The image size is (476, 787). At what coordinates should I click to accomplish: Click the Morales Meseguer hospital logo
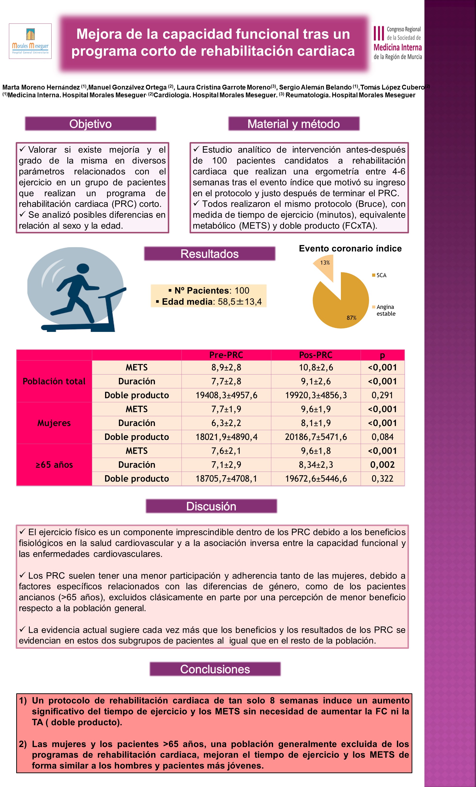tap(30, 41)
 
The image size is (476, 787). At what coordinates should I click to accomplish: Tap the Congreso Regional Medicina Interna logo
tap(397, 43)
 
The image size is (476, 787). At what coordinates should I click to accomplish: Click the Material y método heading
tap(294, 124)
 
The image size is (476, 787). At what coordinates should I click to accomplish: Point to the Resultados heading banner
tap(210, 254)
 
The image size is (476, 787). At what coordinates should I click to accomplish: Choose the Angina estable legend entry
tap(385, 310)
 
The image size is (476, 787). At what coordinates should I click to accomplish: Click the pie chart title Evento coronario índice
tap(350, 248)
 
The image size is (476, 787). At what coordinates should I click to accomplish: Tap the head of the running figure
tap(83, 269)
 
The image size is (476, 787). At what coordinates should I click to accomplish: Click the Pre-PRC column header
tap(226, 355)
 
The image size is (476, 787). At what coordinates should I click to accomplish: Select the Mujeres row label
tap(54, 423)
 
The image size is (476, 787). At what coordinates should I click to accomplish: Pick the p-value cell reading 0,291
tap(382, 395)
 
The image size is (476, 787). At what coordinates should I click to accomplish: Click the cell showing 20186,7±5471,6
tap(316, 437)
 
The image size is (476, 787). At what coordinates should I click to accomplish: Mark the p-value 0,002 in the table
tap(382, 465)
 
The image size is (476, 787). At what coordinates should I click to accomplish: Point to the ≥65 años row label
tap(54, 465)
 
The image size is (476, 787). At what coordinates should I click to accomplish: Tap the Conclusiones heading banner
tap(215, 669)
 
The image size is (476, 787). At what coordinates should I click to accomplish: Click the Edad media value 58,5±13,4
tap(240, 302)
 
